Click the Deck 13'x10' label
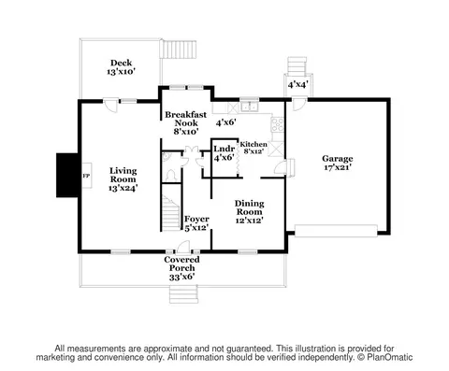(x=121, y=67)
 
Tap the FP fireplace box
(x=86, y=176)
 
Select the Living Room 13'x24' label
(x=123, y=179)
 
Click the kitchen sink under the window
(x=250, y=107)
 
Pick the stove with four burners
(x=277, y=124)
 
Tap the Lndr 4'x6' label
(x=224, y=153)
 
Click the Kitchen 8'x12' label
(x=253, y=148)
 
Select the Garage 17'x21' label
(x=337, y=163)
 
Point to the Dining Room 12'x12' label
(x=250, y=212)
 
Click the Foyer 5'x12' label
(x=196, y=223)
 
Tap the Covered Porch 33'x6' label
(x=181, y=268)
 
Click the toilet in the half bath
(x=170, y=175)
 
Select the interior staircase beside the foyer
(x=171, y=213)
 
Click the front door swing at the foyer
(x=183, y=246)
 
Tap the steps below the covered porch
(x=183, y=294)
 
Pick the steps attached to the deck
(x=179, y=50)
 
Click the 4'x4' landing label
(x=298, y=84)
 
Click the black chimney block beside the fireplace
(x=67, y=175)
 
